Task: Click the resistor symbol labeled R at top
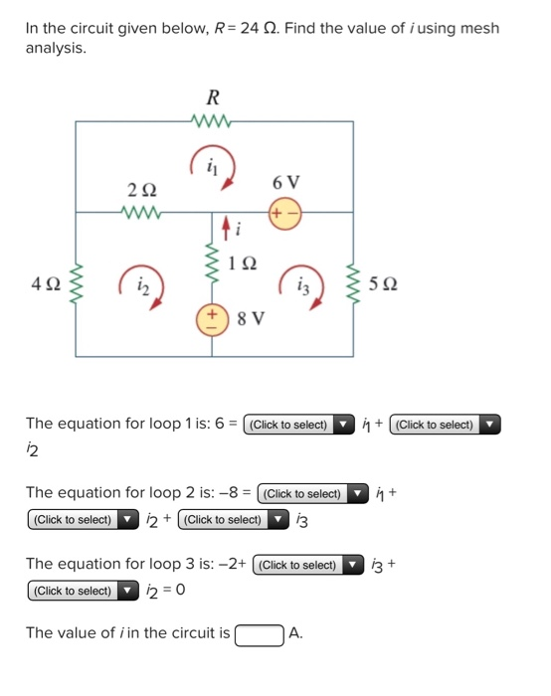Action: [213, 121]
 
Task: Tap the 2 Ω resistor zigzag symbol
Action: [140, 211]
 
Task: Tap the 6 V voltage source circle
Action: [284, 212]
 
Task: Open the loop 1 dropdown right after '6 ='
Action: [298, 425]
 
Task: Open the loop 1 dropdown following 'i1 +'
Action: [445, 425]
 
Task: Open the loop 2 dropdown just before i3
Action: [232, 519]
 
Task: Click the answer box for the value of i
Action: [260, 633]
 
